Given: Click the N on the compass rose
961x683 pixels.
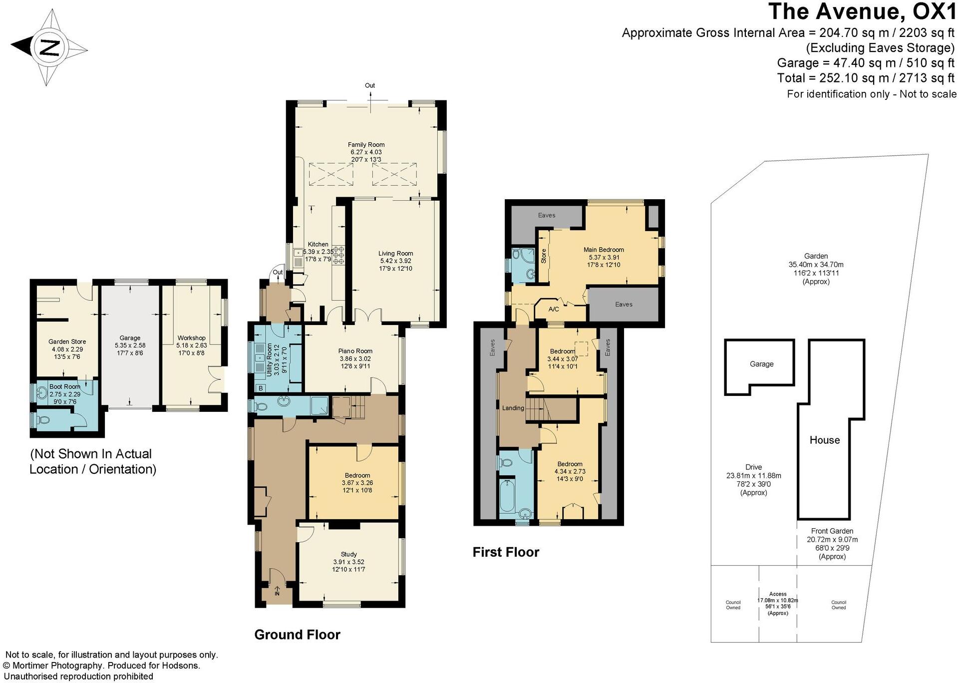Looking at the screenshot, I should pos(49,48).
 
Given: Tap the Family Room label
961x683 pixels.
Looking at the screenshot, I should pos(366,145).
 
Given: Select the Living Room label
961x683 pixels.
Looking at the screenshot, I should pos(395,253).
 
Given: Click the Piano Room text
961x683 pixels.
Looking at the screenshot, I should pos(355,351).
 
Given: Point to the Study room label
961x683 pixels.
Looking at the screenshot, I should pos(348,554).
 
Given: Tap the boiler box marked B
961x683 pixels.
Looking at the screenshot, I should pos(260,388).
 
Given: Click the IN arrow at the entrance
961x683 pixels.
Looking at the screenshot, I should pos(277,592).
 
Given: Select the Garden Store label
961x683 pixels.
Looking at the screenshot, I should pos(67,342).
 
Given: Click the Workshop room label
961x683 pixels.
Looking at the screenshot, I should pos(191,338).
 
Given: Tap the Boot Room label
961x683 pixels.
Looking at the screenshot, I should pos(65,386).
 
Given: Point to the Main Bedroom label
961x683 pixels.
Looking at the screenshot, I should pos(604,250).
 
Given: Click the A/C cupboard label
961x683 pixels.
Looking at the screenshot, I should pos(554,309).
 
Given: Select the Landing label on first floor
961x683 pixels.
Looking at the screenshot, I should pos(513,408).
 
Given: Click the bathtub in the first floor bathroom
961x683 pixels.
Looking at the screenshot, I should pos(507,497).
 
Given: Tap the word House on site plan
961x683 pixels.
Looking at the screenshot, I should pos(824,440).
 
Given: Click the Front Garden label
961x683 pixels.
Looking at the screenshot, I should pos(832,531).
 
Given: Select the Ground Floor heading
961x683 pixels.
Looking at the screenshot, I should pos(297,635).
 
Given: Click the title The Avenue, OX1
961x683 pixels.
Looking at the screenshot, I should pos(862,12).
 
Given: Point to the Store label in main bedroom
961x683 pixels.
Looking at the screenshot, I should pos(544,256).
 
